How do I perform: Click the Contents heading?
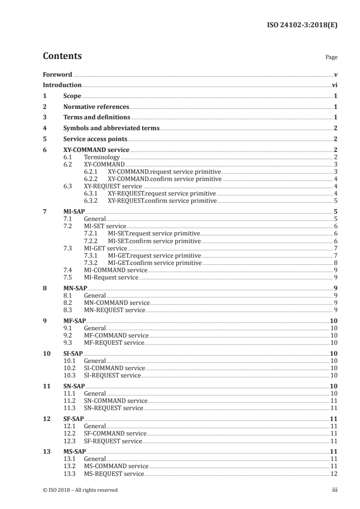[62, 56]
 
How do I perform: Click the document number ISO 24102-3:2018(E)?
[301, 25]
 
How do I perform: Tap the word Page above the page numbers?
[331, 58]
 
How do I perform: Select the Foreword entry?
[57, 74]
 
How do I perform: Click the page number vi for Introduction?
[334, 85]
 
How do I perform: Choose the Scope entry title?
[72, 96]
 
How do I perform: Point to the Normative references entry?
[96, 107]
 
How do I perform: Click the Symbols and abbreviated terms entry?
[111, 128]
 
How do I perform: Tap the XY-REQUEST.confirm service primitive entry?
[162, 201]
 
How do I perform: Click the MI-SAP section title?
[74, 211]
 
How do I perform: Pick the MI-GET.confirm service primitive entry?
[154, 263]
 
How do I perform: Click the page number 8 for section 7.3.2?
[335, 263]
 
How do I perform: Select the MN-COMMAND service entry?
[117, 303]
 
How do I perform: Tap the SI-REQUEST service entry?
[112, 376]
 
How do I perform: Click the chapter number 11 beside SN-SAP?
[46, 387]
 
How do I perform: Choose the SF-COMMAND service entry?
[115, 433]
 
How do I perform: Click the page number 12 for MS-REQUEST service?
[334, 474]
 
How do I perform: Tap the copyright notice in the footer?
[80, 490]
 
